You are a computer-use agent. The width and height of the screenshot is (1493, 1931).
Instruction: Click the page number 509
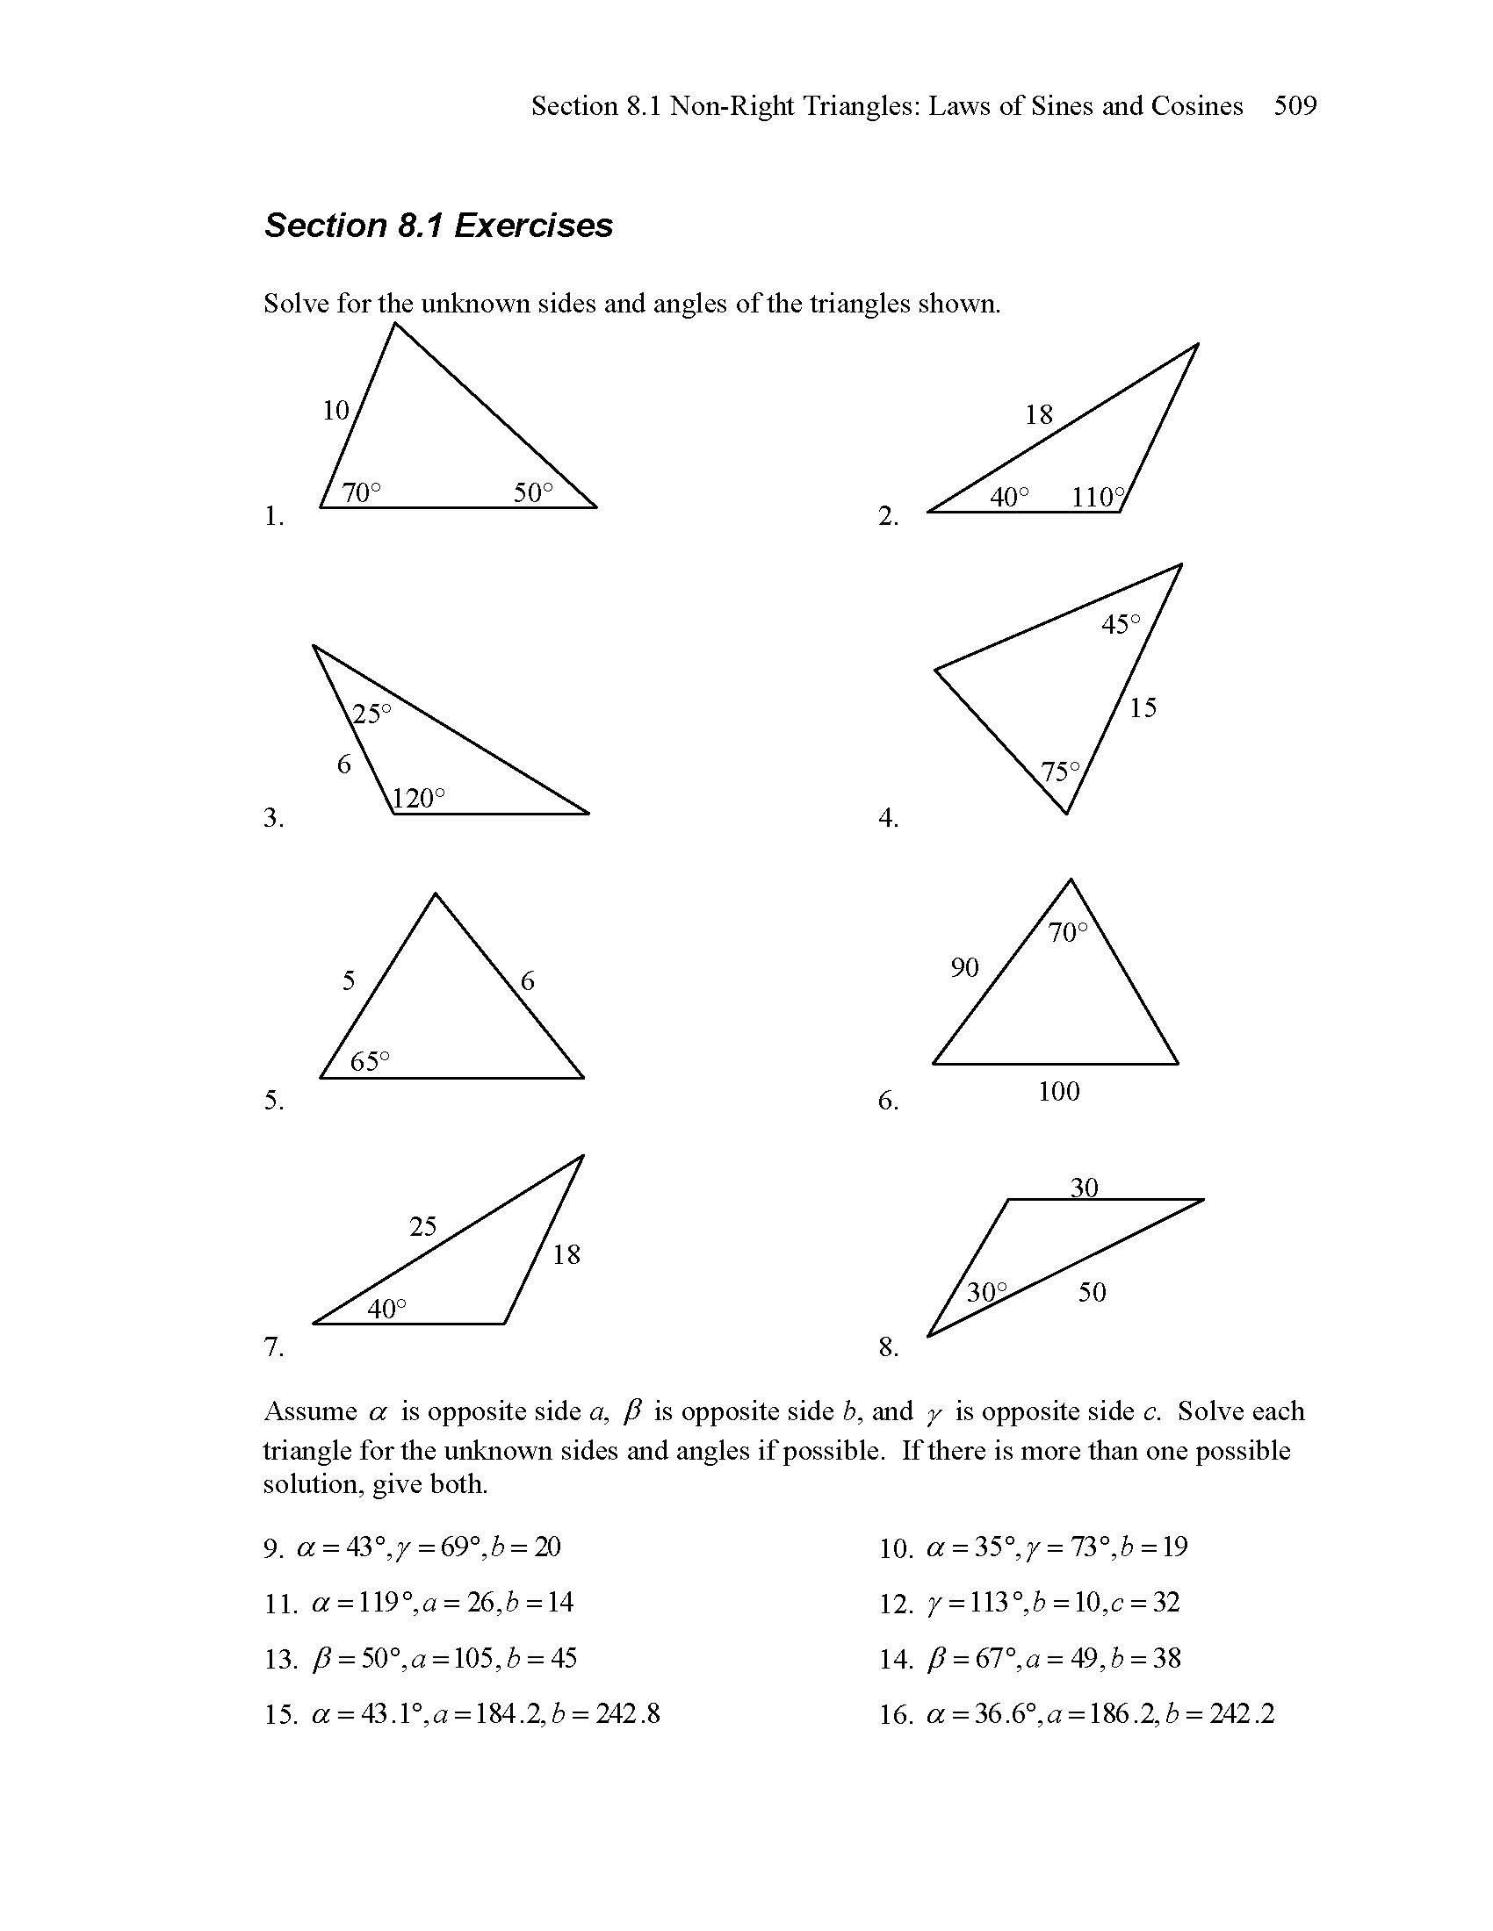(1295, 107)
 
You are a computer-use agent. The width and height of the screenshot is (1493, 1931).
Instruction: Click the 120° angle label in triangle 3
(417, 800)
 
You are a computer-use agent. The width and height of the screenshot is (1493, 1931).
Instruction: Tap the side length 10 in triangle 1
(336, 410)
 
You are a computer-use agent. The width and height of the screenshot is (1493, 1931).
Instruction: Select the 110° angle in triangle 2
(1098, 498)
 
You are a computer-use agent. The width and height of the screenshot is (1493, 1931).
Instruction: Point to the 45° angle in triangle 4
(1121, 625)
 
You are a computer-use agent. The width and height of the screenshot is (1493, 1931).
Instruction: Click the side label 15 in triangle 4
(1143, 707)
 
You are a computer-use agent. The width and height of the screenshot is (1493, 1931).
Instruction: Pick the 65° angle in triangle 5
(370, 1061)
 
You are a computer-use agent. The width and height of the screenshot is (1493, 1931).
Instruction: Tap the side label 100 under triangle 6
(1059, 1092)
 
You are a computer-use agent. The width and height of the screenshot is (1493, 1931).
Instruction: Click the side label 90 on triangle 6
(965, 968)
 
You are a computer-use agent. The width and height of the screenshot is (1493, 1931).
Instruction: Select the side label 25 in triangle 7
(422, 1226)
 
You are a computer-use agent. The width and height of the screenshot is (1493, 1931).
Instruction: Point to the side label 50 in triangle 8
(1093, 1293)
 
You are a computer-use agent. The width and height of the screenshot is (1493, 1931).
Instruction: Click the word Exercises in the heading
(533, 226)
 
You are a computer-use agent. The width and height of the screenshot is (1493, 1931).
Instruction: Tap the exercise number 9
(272, 1549)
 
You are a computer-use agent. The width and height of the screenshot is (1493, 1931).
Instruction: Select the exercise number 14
(895, 1660)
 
